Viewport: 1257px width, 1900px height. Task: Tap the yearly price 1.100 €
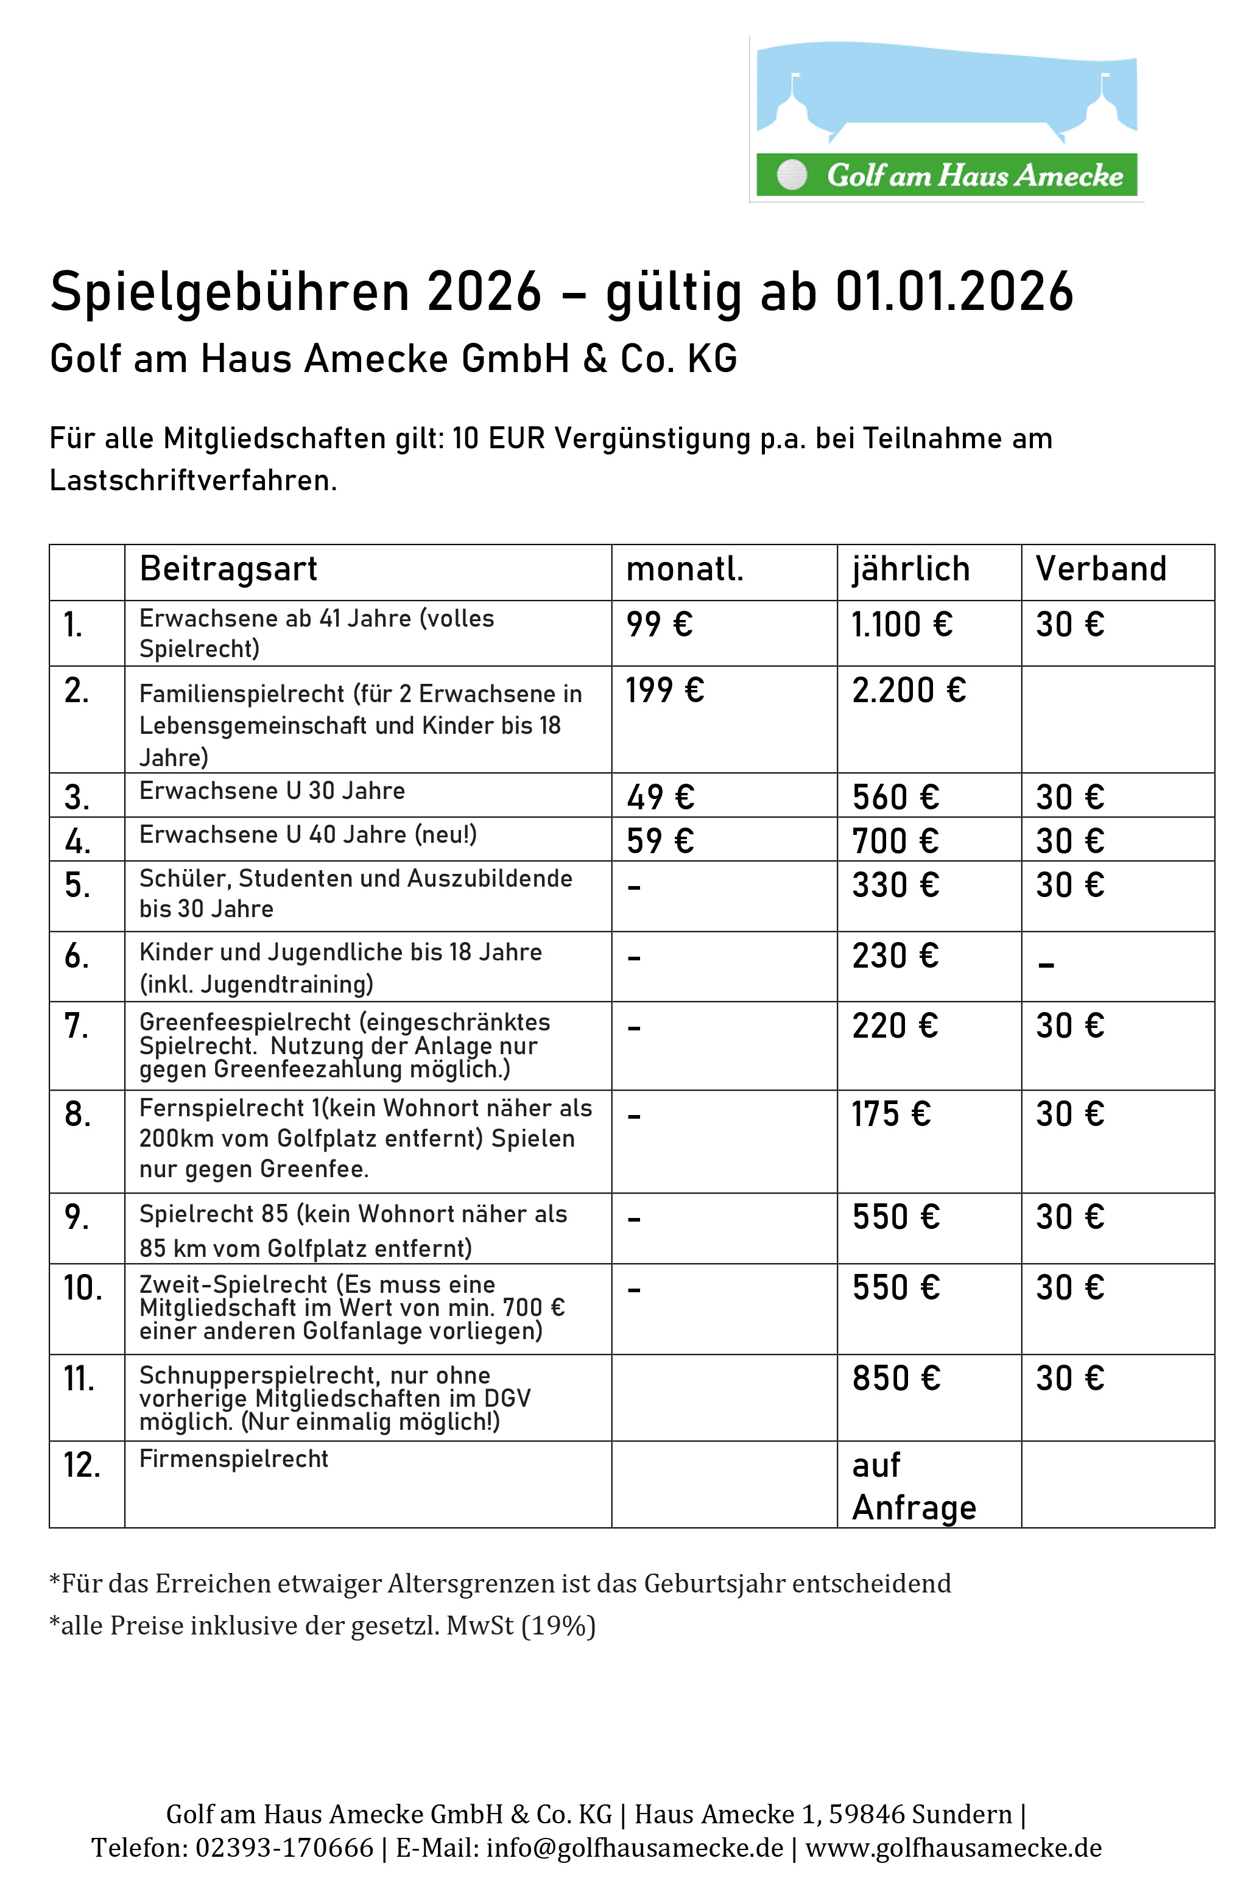(902, 625)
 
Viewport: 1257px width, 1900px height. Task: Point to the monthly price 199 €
(664, 690)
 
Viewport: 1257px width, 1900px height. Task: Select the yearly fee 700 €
(895, 841)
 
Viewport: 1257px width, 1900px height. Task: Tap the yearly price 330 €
(895, 885)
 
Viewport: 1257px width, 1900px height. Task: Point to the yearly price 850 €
(895, 1378)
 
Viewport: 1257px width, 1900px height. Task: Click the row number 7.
(76, 1026)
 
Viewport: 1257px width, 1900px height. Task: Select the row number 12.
(82, 1465)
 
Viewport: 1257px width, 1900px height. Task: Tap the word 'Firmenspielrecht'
(233, 1459)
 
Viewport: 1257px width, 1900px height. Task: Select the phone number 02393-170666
(284, 1847)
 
